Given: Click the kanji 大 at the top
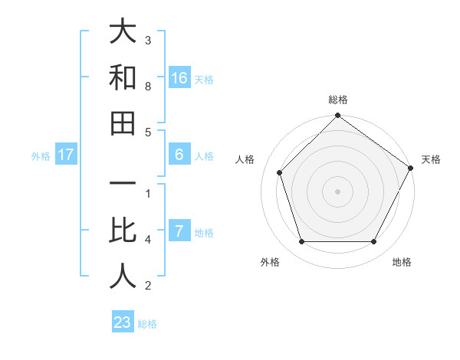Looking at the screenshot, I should (x=123, y=32).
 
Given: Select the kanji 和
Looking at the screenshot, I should (x=123, y=78).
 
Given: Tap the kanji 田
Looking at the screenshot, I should (x=123, y=123).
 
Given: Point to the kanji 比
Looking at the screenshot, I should (x=123, y=231).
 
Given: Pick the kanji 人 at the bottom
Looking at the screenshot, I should (x=123, y=277).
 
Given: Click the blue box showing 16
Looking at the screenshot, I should (x=179, y=78).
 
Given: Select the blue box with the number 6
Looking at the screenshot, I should (x=179, y=155).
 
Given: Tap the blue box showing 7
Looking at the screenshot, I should (x=179, y=231).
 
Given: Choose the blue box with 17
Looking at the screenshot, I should (x=66, y=155).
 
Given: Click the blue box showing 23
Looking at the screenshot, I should (x=123, y=322).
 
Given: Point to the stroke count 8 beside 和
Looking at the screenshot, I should (x=148, y=87).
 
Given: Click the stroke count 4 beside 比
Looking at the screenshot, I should (x=148, y=240).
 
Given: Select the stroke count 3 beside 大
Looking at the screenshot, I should (x=148, y=40).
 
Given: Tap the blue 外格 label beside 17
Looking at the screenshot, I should (x=41, y=156).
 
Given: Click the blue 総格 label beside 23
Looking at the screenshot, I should (x=147, y=324).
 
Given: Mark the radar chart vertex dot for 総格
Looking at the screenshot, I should (x=337, y=116).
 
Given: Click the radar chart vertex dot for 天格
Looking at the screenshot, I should (x=410, y=168).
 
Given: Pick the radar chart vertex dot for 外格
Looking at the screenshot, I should (x=301, y=242).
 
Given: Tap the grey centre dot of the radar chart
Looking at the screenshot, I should (x=337, y=191).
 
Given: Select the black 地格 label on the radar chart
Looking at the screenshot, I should (x=402, y=262).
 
